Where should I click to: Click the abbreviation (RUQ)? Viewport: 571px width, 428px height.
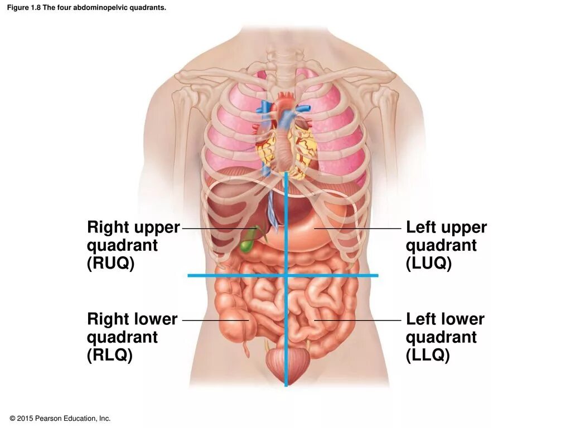click(111, 264)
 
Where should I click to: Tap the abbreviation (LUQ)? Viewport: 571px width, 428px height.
click(428, 264)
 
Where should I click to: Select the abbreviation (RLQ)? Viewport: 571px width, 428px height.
click(110, 356)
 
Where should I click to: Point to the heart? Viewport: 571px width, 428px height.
click(287, 139)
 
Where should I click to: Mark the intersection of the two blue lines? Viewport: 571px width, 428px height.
click(286, 275)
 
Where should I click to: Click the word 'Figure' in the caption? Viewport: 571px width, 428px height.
click(17, 8)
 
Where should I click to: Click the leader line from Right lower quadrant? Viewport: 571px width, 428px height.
click(215, 320)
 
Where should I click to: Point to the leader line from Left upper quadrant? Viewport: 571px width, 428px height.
click(357, 228)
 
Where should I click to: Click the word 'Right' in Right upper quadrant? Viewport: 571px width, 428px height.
click(108, 227)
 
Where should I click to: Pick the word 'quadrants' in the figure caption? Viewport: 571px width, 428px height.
click(151, 8)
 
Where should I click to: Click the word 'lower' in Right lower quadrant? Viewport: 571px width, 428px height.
click(156, 319)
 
